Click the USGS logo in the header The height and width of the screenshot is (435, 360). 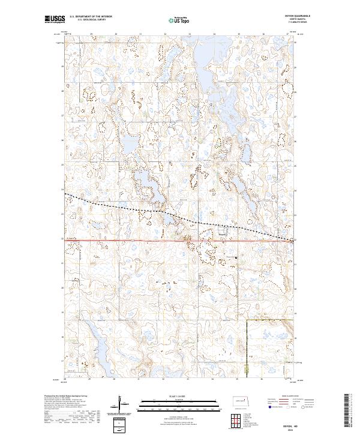(x=54, y=19)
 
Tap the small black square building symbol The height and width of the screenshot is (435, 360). (x=236, y=259)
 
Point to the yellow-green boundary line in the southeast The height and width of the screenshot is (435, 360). (x=247, y=348)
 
